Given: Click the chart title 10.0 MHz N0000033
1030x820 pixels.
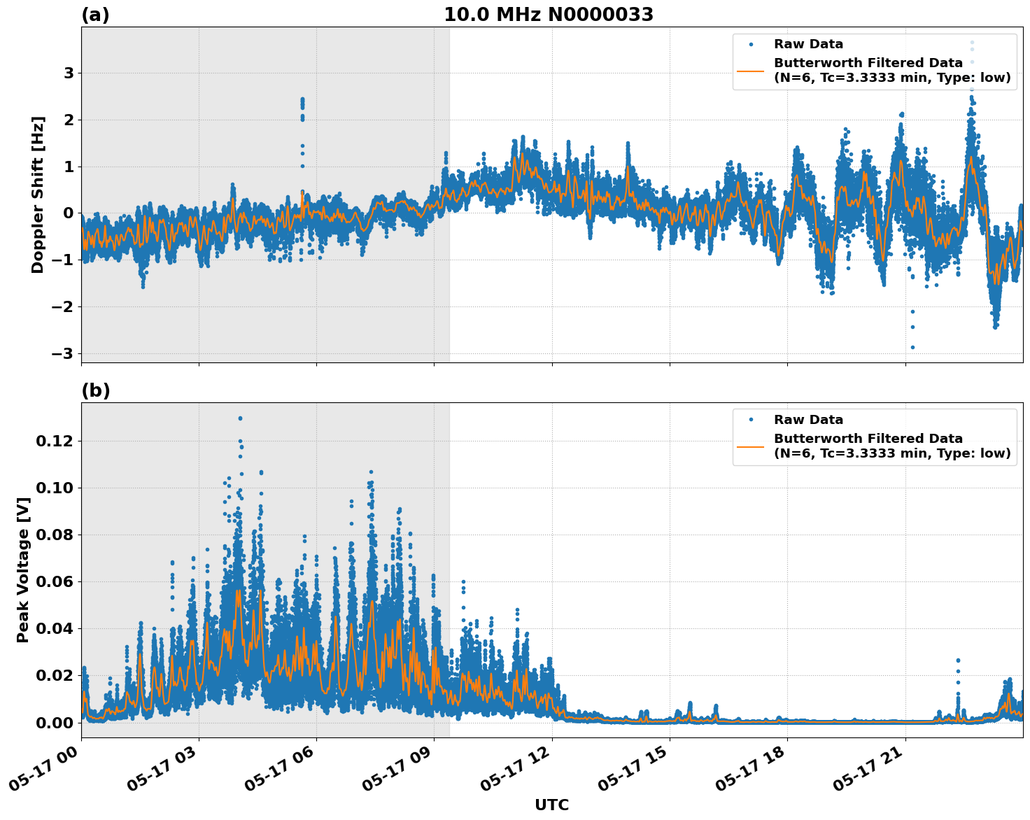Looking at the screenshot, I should pos(549,15).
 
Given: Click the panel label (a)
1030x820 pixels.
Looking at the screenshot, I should pos(95,15).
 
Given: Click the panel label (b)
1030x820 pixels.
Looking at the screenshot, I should pos(95,390).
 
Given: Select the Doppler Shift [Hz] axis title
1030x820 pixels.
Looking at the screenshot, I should pos(38,195).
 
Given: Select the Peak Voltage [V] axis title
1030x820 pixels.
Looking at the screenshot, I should pos(23,585).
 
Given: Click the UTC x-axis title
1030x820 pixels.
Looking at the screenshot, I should pos(551,805).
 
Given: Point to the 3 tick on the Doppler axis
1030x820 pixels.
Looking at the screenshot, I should pos(69,73).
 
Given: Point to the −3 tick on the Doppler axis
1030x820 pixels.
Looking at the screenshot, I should pos(63,353).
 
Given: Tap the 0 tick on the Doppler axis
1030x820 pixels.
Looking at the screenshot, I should pos(69,213).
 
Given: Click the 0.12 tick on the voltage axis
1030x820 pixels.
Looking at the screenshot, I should pos(55,441).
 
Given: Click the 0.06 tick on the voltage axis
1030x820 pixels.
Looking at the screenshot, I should pos(55,581).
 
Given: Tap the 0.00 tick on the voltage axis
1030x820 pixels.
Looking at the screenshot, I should pos(55,722).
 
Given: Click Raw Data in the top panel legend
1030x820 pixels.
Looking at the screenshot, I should pos(808,44).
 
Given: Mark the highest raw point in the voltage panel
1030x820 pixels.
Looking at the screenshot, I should pos(240,418).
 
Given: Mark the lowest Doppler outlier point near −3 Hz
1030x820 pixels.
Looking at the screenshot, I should pos(912,347).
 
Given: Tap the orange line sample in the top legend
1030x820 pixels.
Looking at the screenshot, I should pos(751,71).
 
